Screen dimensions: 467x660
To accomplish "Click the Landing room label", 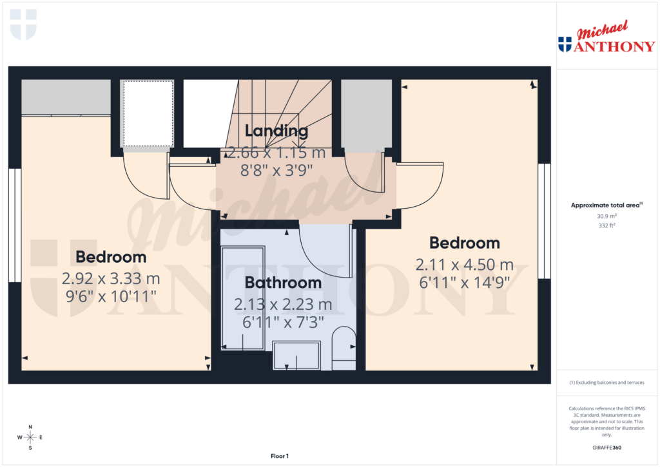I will click(x=276, y=131).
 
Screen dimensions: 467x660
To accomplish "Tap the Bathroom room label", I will click(x=283, y=283).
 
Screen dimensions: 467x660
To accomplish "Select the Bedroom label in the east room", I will click(x=465, y=243).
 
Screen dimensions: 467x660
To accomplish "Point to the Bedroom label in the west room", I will click(x=111, y=257).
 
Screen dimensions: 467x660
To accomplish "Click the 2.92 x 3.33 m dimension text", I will click(x=111, y=279).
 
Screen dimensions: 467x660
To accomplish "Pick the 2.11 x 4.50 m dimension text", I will click(x=464, y=264).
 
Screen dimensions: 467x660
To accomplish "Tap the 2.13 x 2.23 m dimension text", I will click(x=283, y=304).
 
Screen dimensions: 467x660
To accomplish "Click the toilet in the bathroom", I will click(x=343, y=348).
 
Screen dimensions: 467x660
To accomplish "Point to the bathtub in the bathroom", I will click(x=243, y=298).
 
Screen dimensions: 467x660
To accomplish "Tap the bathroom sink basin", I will click(x=296, y=356).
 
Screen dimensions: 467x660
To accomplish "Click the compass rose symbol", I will click(x=30, y=437).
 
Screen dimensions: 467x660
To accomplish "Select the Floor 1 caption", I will click(x=279, y=456).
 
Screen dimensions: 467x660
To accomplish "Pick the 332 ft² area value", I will click(x=607, y=226).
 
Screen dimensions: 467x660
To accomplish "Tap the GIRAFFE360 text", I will click(x=607, y=448).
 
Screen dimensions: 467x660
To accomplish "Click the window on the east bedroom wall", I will click(x=545, y=221).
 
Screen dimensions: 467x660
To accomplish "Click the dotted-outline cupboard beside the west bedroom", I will click(x=148, y=113).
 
